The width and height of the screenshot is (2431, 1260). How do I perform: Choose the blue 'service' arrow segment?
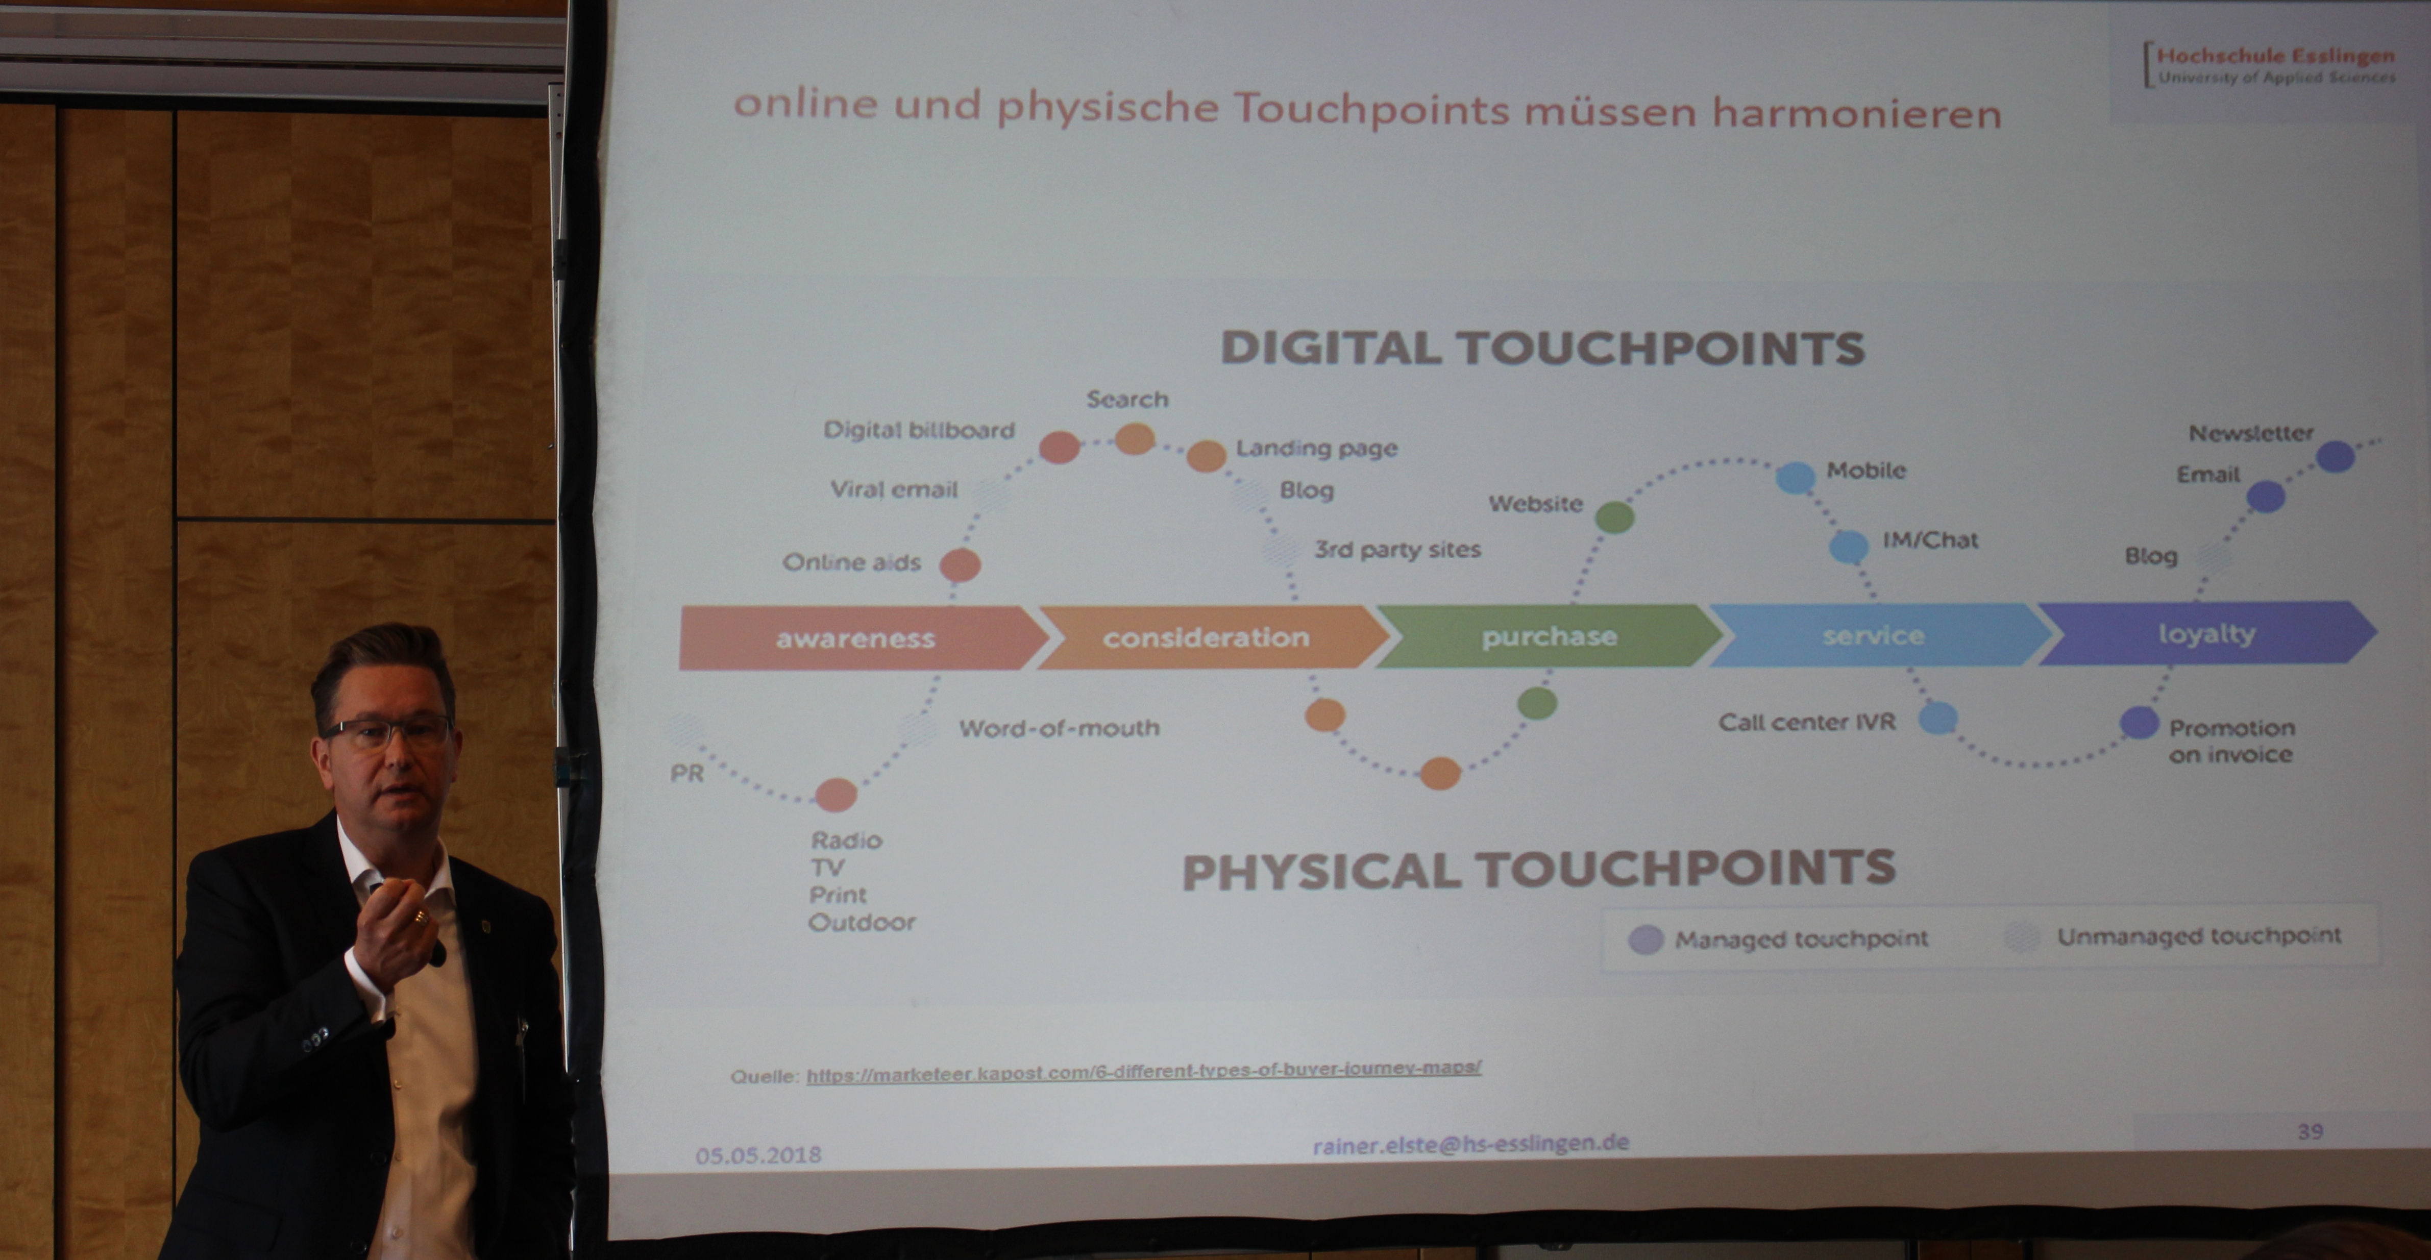pyautogui.click(x=1878, y=635)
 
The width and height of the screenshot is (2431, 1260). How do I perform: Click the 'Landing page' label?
pyautogui.click(x=1316, y=448)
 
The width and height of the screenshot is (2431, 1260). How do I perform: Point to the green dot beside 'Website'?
pyautogui.click(x=1615, y=516)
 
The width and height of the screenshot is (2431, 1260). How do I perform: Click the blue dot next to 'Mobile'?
pyautogui.click(x=1795, y=477)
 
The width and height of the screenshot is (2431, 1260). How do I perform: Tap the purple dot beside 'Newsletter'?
pyautogui.click(x=2336, y=457)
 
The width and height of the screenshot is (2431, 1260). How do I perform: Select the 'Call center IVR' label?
pyautogui.click(x=1806, y=722)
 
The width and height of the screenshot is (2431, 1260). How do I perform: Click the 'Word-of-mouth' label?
pyautogui.click(x=1059, y=728)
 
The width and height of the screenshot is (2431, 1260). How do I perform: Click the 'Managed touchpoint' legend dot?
pyautogui.click(x=1646, y=940)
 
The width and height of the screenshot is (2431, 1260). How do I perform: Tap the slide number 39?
pyautogui.click(x=2310, y=1131)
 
